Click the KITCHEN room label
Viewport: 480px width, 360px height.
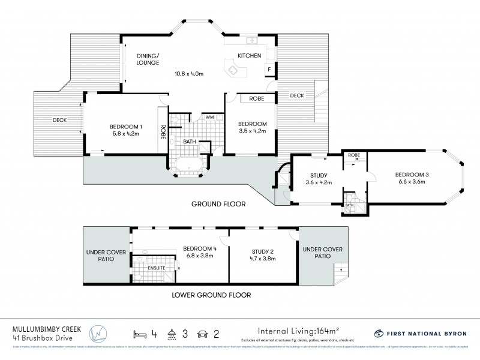(x=249, y=56)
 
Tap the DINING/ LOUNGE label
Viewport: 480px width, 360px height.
(x=147, y=59)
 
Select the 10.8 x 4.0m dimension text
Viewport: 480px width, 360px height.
(x=188, y=74)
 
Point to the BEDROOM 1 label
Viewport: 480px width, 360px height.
(x=126, y=126)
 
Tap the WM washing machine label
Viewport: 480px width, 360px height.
(x=210, y=116)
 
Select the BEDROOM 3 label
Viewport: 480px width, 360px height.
(x=411, y=175)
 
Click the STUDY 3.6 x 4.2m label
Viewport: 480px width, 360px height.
(x=319, y=179)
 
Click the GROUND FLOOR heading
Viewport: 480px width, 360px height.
(x=218, y=204)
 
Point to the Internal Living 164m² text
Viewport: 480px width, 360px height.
(x=298, y=330)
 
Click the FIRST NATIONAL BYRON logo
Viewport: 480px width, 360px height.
(x=420, y=333)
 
